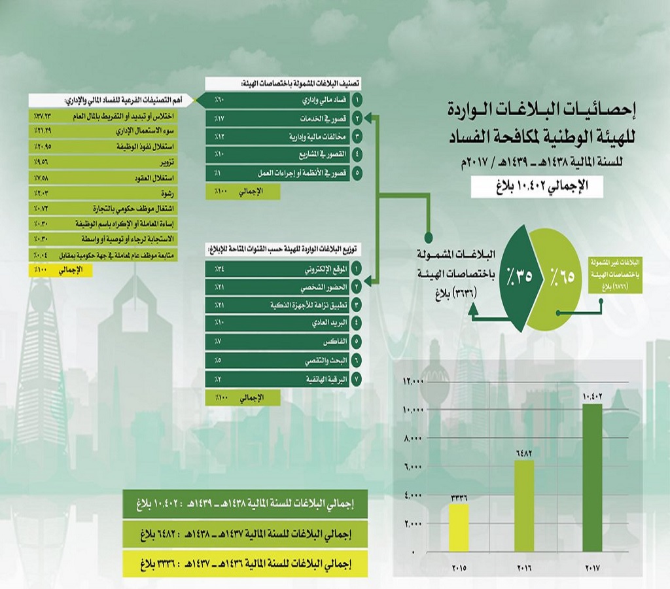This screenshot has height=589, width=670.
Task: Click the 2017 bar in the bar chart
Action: coord(592,478)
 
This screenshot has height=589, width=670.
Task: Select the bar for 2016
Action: coord(525,506)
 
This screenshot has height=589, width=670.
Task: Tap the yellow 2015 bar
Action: coord(458,527)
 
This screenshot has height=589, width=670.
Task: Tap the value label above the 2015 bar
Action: coord(458,497)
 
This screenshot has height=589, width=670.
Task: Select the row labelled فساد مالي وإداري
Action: coord(281,101)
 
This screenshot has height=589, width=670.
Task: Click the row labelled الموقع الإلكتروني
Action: coord(281,268)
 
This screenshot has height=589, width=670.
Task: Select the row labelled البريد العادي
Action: coord(281,323)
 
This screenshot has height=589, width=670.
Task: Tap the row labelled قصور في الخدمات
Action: coord(281,119)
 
